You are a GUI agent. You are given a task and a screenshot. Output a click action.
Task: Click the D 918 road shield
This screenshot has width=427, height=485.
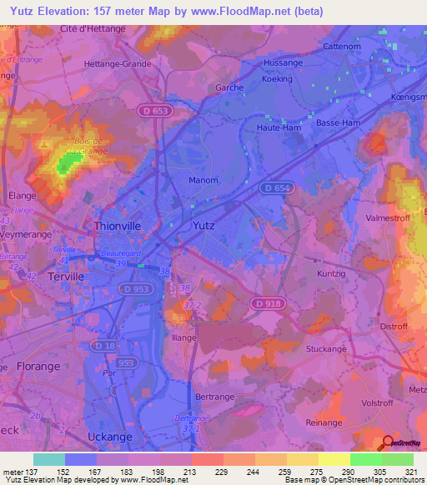click(x=267, y=304)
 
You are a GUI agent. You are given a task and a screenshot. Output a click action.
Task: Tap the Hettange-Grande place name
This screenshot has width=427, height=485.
click(x=118, y=63)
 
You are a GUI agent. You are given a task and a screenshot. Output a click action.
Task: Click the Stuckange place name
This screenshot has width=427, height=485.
click(x=325, y=348)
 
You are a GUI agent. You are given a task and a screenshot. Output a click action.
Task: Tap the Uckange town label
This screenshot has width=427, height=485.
click(x=109, y=437)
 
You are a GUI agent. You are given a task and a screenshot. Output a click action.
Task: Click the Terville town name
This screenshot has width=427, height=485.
click(x=66, y=276)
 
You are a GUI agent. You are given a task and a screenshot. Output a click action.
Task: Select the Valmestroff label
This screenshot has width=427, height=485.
click(x=389, y=218)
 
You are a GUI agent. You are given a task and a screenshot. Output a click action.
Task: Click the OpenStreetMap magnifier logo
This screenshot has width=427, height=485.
click(x=388, y=443)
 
